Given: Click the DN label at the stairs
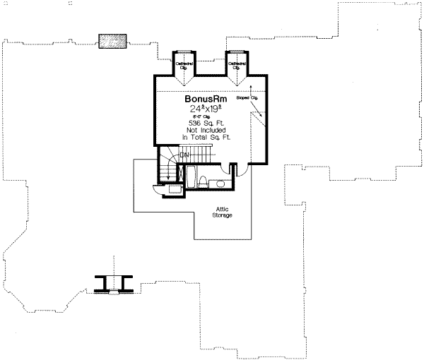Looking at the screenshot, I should click(x=185, y=154).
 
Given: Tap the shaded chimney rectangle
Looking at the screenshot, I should click(x=112, y=40).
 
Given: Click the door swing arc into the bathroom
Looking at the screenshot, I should click(x=239, y=169).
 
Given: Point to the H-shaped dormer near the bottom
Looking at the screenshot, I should click(x=113, y=284).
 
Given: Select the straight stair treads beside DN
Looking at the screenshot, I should click(x=202, y=154).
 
